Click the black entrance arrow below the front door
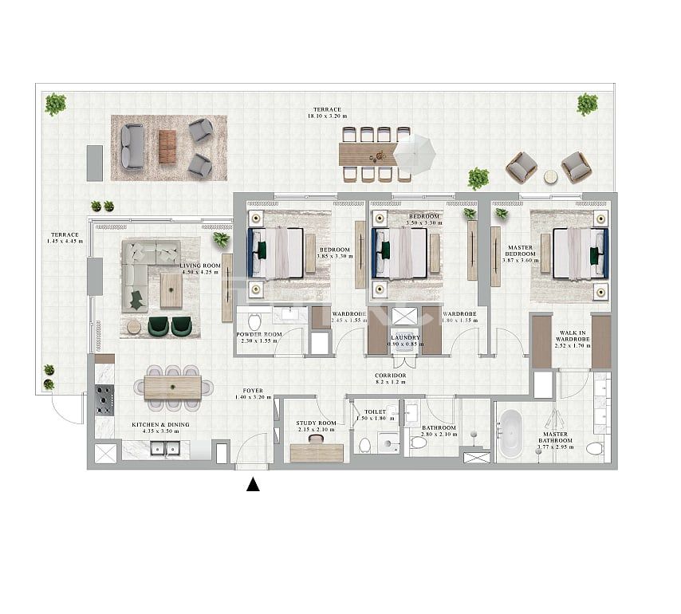coord(253,484)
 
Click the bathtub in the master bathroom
coord(510,434)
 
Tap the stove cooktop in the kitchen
coord(104,399)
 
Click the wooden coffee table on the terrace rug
coord(167,147)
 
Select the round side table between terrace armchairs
coord(550,175)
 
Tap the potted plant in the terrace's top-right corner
coord(587,104)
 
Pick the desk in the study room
coord(316,452)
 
